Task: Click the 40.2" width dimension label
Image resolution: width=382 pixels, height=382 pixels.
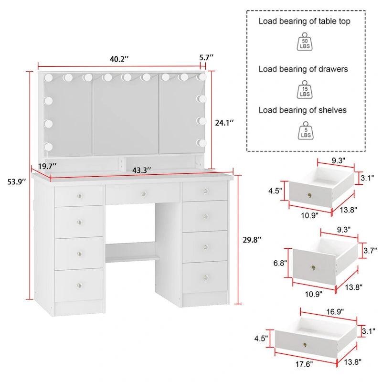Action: pyautogui.click(x=120, y=59)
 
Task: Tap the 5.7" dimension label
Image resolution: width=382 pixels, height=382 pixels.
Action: pyautogui.click(x=206, y=57)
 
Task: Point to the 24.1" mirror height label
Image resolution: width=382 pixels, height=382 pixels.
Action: pyautogui.click(x=224, y=123)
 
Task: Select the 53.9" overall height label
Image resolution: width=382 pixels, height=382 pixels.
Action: pyautogui.click(x=15, y=181)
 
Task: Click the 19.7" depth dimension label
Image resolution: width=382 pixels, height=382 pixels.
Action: pyautogui.click(x=47, y=166)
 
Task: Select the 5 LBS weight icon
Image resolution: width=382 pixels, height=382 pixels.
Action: pyautogui.click(x=304, y=130)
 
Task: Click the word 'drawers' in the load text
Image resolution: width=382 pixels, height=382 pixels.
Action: pyautogui.click(x=331, y=69)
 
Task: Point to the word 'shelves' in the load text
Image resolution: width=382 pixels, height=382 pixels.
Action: pyautogui.click(x=330, y=110)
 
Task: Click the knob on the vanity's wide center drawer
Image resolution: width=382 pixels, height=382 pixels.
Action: pyautogui.click(x=143, y=193)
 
